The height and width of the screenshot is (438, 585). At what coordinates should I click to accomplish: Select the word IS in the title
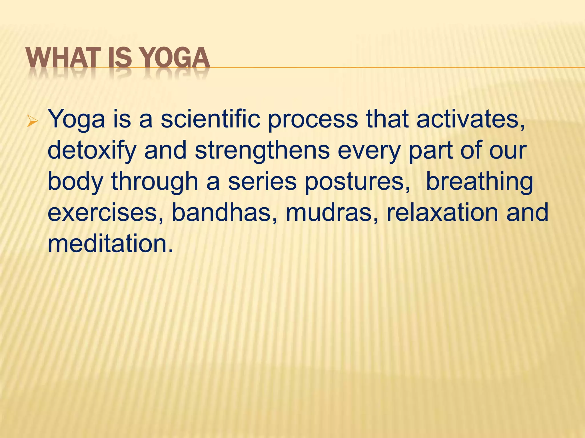click(119, 58)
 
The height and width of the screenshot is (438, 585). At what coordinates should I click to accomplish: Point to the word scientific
click(210, 119)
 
